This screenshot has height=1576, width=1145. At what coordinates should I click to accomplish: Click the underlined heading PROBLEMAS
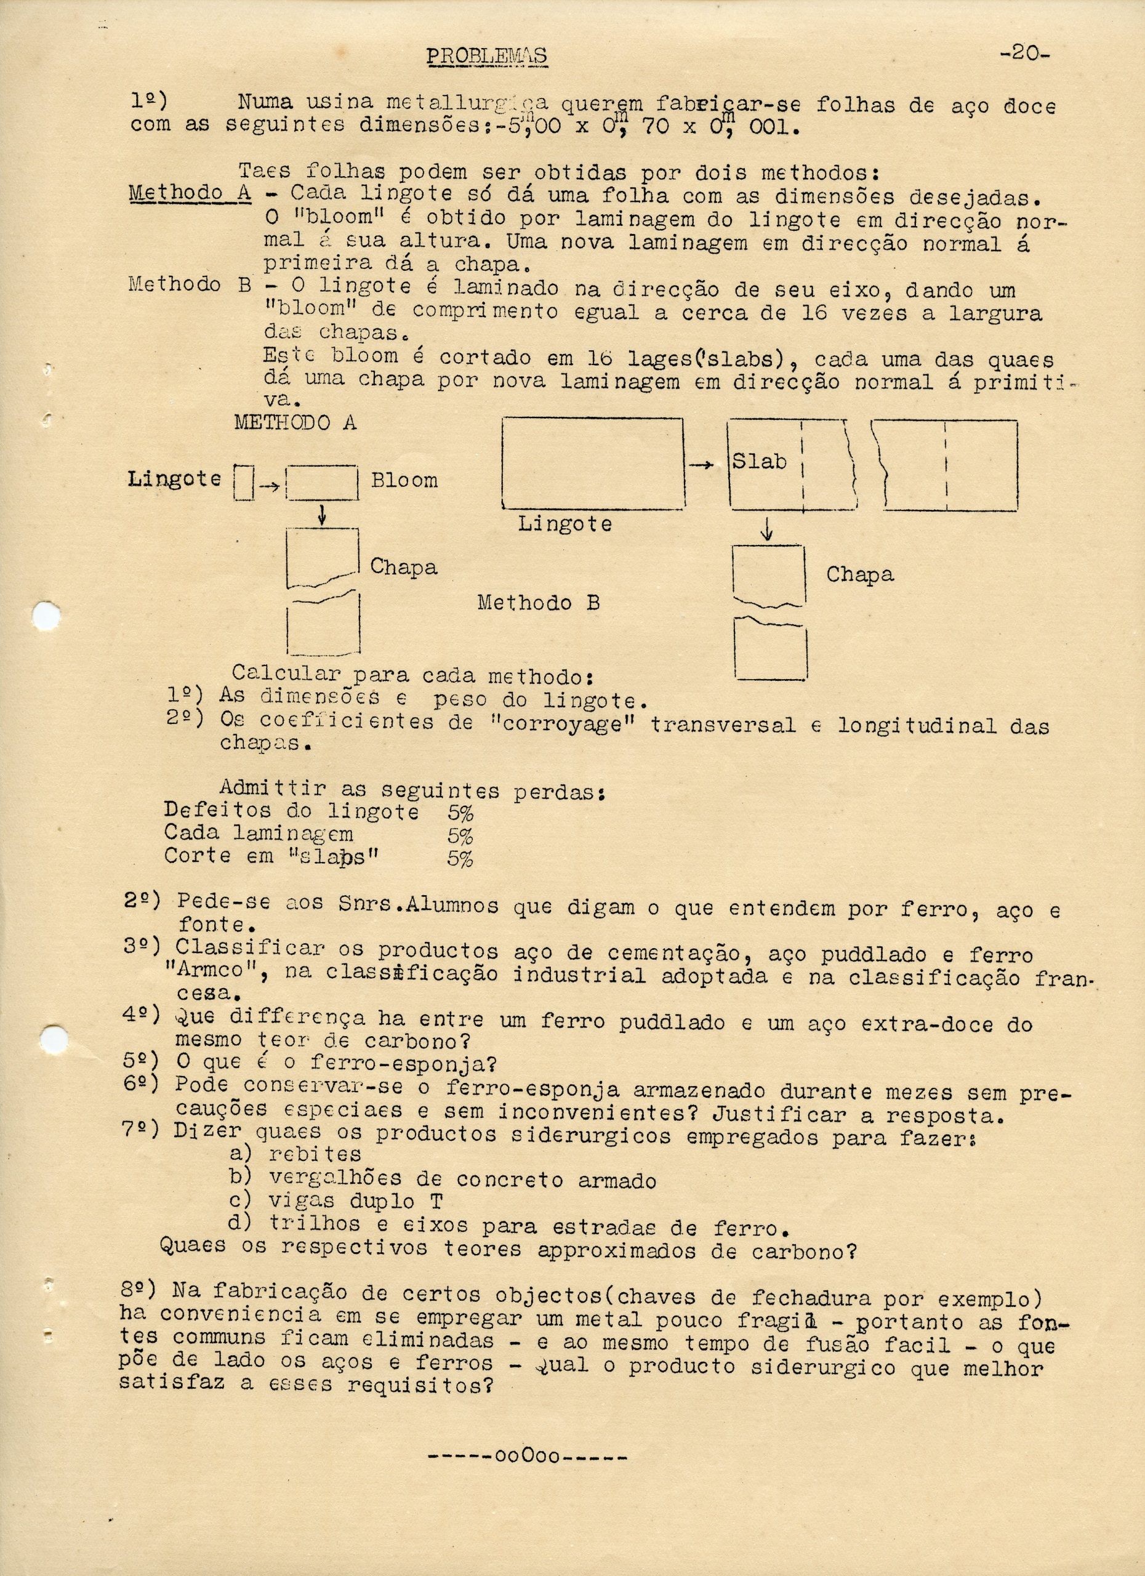(486, 55)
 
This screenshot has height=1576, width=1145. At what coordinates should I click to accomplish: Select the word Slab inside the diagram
(760, 460)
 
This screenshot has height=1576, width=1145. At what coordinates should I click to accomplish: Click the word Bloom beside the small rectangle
(404, 480)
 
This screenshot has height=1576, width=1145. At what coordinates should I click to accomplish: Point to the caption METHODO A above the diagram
(295, 422)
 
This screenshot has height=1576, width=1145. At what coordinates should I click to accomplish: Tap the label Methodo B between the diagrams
(538, 603)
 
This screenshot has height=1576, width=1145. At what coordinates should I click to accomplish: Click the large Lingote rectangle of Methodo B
(592, 463)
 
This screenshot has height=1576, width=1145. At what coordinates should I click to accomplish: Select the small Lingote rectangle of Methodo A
(244, 481)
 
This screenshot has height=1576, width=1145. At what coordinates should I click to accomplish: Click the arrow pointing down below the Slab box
(766, 530)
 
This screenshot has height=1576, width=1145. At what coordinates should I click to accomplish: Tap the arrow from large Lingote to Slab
(704, 465)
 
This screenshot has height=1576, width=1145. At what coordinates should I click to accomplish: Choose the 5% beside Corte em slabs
(460, 858)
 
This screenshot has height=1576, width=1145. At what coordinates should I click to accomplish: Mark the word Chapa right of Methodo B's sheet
(859, 574)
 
